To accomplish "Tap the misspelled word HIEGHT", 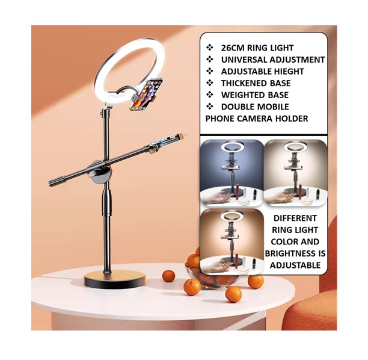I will coord(287,72).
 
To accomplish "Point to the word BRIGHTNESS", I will coord(290,253).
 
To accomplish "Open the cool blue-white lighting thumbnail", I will coord(232,172).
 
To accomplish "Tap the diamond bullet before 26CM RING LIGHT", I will coord(210,48).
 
